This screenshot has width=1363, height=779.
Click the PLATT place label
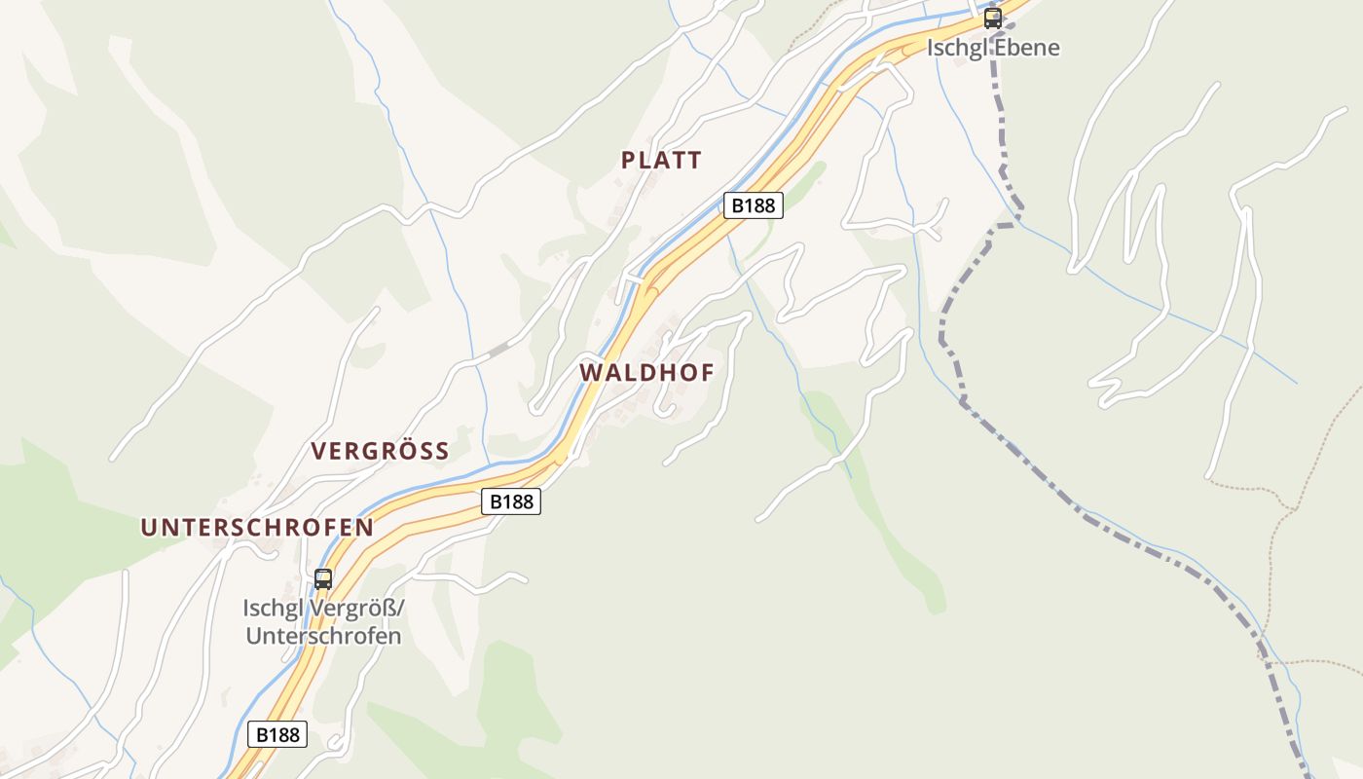pos(661,161)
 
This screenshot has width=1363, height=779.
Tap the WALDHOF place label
pos(647,373)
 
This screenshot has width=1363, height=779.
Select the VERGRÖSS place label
pos(380,451)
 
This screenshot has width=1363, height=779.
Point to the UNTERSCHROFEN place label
pos(257,528)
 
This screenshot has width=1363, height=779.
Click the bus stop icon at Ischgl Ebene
pos(992,18)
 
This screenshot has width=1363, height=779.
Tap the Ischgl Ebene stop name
pos(992,47)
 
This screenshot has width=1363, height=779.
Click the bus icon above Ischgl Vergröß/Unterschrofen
pos(322,578)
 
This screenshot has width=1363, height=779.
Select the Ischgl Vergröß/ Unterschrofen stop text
pos(322,622)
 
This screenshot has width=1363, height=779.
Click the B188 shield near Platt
pos(754,205)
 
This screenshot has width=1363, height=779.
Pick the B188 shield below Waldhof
pos(511,501)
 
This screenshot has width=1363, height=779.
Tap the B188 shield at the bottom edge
pos(277,734)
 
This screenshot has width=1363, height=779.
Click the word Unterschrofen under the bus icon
pos(322,637)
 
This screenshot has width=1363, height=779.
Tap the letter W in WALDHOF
pos(591,373)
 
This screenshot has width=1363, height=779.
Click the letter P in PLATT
pos(629,161)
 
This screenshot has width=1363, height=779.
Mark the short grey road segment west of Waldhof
pos(498,349)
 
